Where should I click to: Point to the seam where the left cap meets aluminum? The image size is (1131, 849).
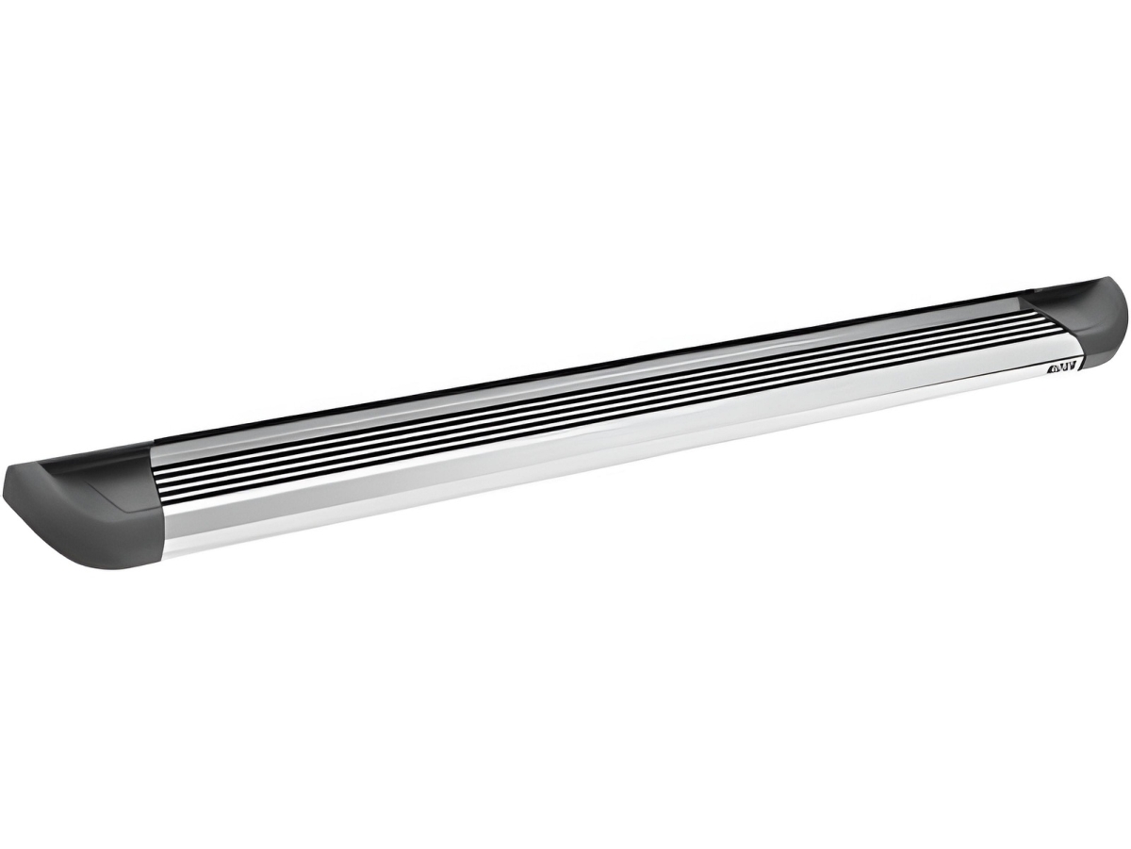tap(160, 509)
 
